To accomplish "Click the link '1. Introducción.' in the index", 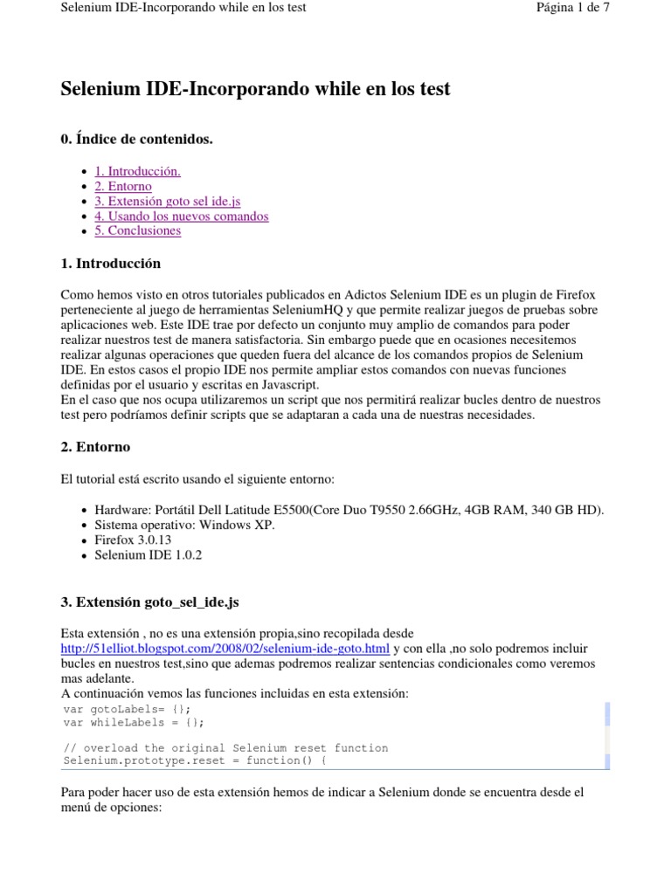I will (x=137, y=171).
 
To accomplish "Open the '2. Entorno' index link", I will (x=122, y=186).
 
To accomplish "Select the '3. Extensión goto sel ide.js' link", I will (x=167, y=201).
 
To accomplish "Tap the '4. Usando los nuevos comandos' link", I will (x=181, y=216).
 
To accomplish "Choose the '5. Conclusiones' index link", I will (x=137, y=230).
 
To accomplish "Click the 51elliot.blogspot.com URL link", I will (x=225, y=649).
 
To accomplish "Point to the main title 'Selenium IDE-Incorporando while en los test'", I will (x=255, y=89).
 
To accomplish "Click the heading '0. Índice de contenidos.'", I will (x=136, y=139).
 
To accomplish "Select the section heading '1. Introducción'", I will (x=110, y=263).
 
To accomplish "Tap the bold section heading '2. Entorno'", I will (x=95, y=446).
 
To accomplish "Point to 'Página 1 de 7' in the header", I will (x=573, y=8).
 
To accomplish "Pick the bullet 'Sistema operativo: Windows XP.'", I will (x=184, y=525).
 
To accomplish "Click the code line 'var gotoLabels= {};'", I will (x=127, y=709).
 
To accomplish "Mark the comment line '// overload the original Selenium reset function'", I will (x=225, y=748).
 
